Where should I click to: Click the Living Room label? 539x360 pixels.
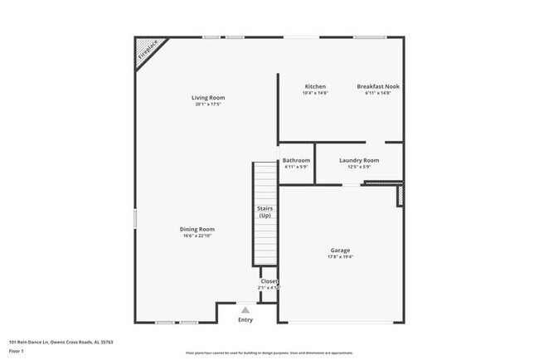click(209, 98)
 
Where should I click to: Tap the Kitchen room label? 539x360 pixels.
click(315, 86)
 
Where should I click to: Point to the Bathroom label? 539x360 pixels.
click(296, 160)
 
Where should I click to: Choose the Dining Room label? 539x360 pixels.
click(198, 229)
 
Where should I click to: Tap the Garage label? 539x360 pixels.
click(340, 251)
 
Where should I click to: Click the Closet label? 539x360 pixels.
click(269, 281)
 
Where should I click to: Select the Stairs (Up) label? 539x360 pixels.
click(265, 212)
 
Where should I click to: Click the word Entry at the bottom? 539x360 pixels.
click(245, 320)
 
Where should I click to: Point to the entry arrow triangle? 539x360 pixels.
click(245, 309)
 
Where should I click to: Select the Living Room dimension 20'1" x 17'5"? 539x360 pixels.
click(209, 105)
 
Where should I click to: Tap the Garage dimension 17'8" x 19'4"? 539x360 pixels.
click(340, 257)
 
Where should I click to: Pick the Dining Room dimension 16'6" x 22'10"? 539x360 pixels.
click(198, 236)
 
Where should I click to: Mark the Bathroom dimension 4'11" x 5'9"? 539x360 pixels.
click(296, 167)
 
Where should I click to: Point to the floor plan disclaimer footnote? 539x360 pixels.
click(269, 353)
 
